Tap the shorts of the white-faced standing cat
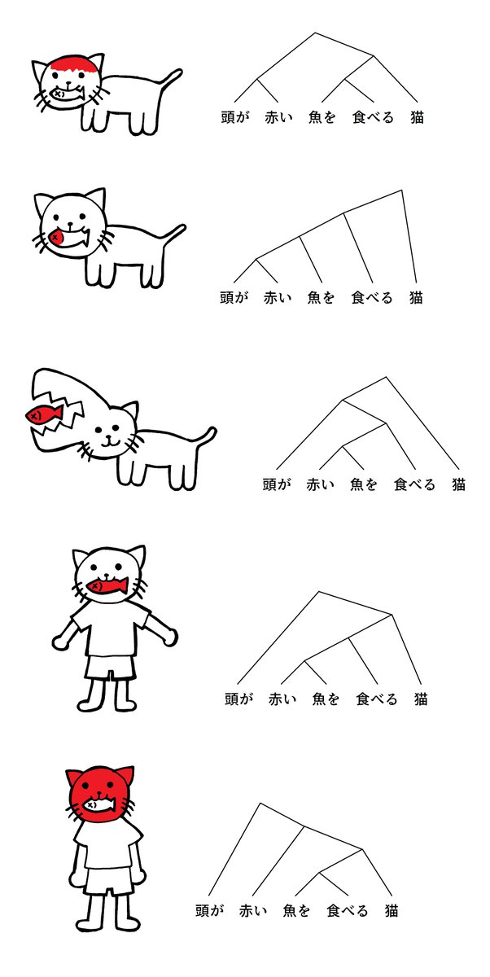coord(110,667)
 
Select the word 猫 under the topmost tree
coord(417,117)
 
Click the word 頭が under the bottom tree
coord(209,911)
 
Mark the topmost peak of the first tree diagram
coord(315,33)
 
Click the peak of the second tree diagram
coord(401,191)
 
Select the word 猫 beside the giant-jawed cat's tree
coord(459,484)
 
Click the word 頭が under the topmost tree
coord(235,117)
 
